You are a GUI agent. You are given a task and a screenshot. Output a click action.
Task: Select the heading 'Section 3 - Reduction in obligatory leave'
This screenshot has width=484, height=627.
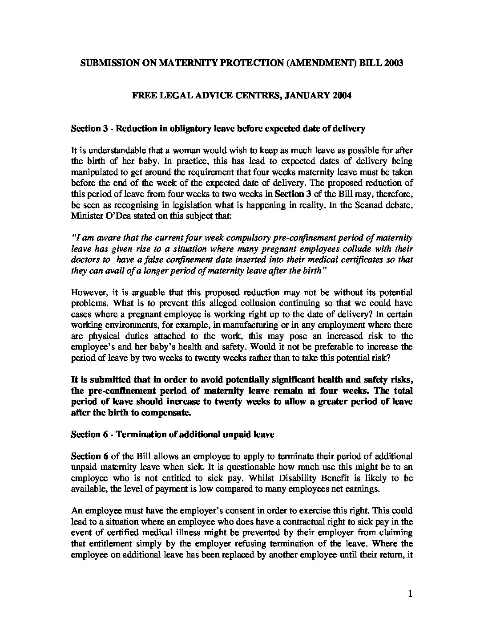tap(218, 129)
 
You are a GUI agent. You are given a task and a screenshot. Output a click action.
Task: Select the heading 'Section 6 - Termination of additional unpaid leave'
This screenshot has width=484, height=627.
tap(173, 435)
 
